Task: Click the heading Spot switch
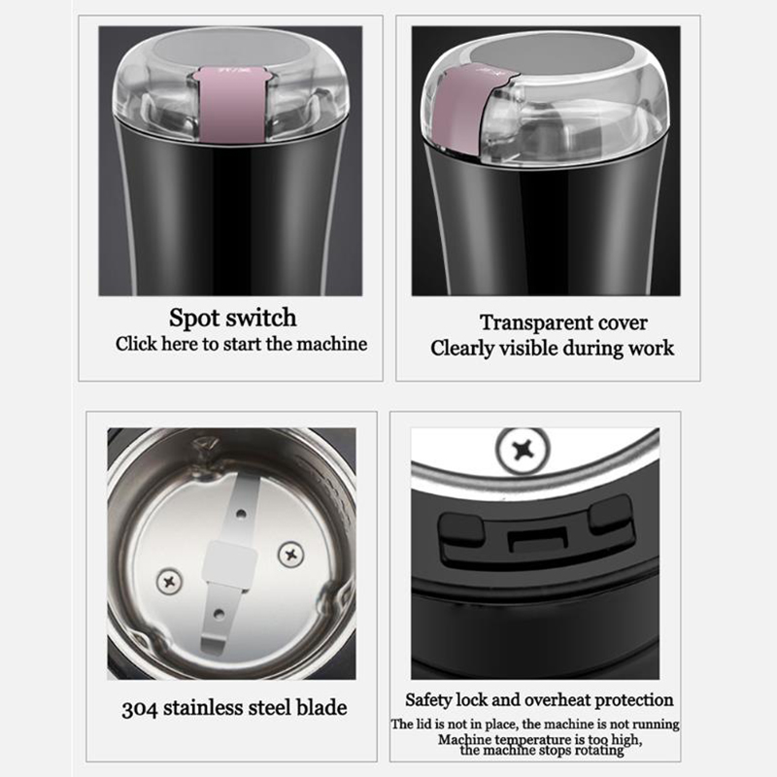[x=232, y=319]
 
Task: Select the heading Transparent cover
[x=563, y=323]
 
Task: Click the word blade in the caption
[x=321, y=708]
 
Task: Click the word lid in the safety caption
[x=420, y=725]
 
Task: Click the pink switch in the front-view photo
[x=231, y=103]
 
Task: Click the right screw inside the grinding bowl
[x=290, y=554]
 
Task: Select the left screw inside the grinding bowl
[x=169, y=581]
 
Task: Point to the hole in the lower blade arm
[x=219, y=615]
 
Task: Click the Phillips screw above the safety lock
[x=523, y=451]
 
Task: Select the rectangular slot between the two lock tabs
[x=538, y=540]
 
